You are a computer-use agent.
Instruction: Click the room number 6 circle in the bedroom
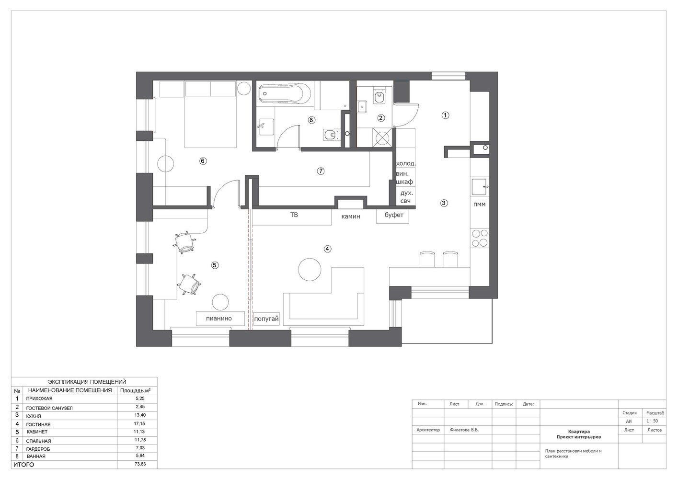coord(203,161)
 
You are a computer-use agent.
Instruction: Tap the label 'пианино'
coord(219,319)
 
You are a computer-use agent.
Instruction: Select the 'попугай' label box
coord(266,319)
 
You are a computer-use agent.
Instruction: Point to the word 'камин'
coord(351,217)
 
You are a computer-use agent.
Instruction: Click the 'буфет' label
coord(394,215)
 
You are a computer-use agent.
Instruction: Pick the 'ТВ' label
coord(294,215)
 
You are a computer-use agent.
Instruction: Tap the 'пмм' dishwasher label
coord(480,204)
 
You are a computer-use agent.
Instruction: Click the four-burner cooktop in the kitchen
coord(480,238)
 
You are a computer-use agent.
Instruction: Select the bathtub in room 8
coord(285,93)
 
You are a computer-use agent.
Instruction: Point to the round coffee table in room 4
coord(310,269)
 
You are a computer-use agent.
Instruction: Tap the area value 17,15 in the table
coord(140,424)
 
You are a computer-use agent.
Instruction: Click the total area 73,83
coord(140,464)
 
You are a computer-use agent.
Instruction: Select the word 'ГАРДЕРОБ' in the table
coord(38,449)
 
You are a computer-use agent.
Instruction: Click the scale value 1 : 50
coord(652,421)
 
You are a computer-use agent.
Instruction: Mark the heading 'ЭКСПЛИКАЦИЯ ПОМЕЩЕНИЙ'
coord(87,382)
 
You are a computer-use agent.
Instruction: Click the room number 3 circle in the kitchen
coord(444,203)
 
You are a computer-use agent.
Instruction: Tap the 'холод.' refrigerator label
coord(406,163)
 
